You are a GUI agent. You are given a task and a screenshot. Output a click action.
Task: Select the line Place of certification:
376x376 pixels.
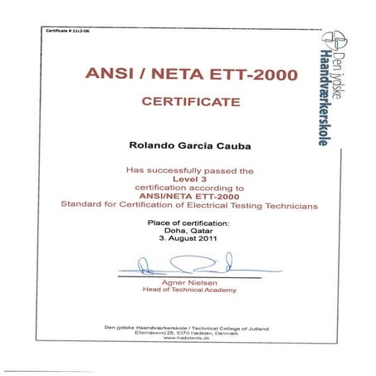pyautogui.click(x=187, y=223)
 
